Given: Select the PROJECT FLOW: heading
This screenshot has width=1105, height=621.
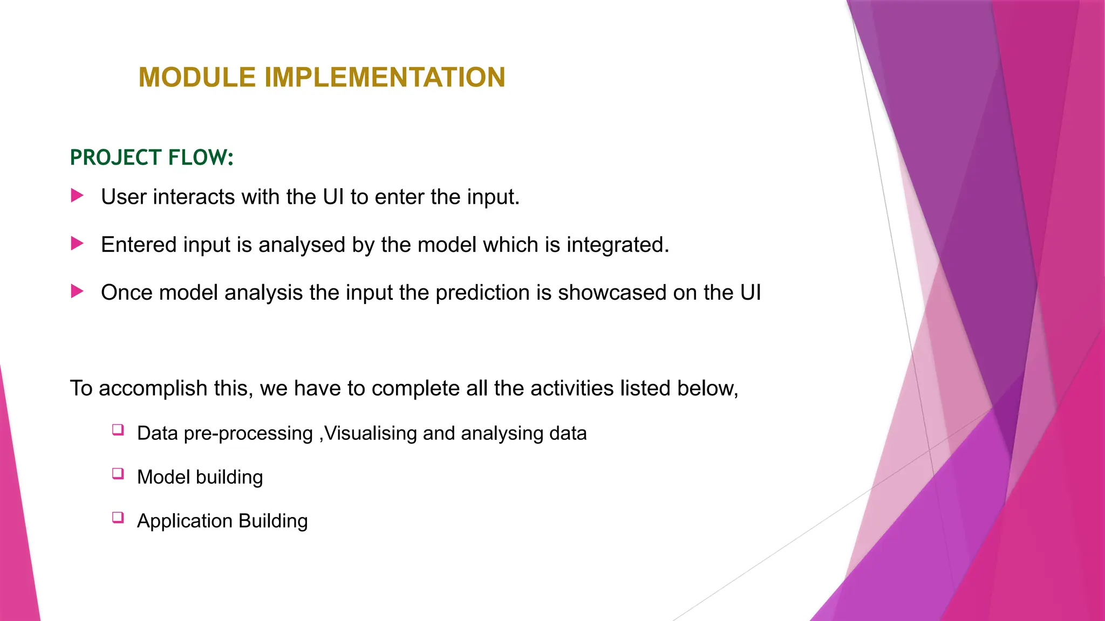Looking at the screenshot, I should tap(152, 157).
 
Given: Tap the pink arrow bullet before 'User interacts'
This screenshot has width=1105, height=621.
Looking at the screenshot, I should tap(77, 196).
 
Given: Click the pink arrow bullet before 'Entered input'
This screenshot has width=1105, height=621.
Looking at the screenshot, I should tap(77, 244).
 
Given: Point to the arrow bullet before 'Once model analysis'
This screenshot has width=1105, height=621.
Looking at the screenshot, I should tap(77, 292).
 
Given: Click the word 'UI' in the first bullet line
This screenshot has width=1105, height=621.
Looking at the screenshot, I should tap(333, 197).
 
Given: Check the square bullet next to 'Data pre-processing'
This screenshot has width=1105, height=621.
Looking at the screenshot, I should tap(118, 430).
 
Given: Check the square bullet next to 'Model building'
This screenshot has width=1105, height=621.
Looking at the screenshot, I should tap(118, 474).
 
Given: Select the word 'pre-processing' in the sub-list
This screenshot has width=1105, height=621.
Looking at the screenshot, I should tap(248, 434).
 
